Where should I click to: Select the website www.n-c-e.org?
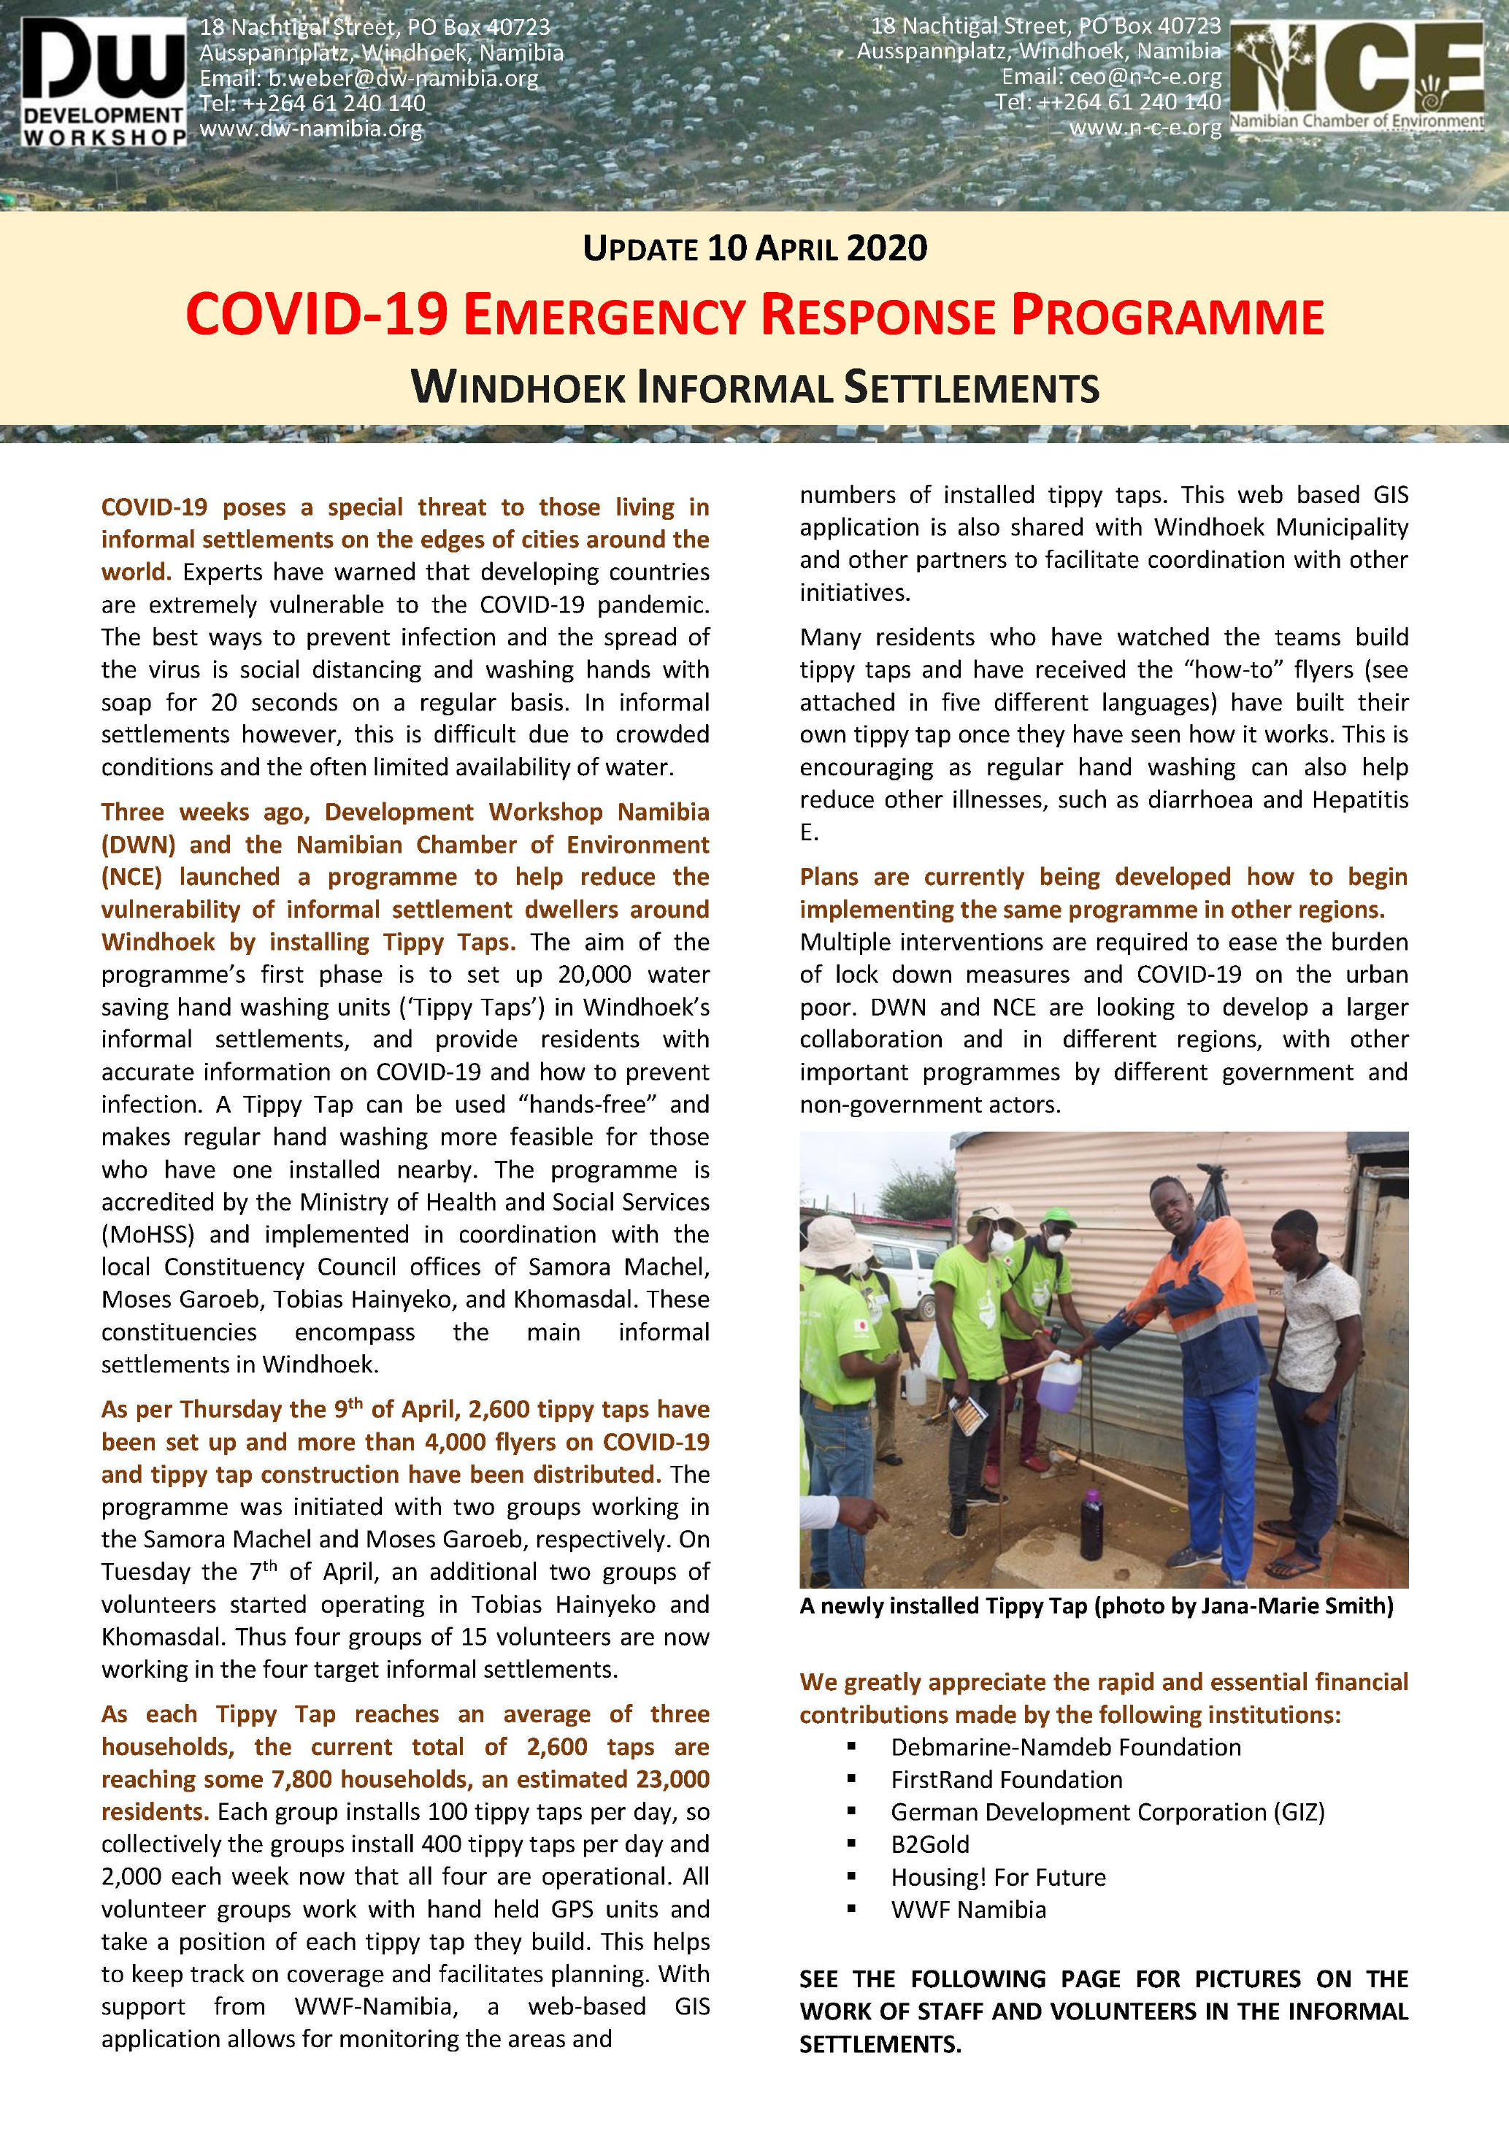[1145, 127]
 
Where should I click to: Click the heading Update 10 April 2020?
[755, 248]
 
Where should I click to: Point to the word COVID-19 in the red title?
[317, 315]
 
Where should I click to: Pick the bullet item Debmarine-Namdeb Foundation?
[1065, 1746]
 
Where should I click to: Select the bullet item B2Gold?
[929, 1844]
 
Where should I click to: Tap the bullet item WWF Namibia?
[967, 1909]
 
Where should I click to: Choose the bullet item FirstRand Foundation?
[1005, 1779]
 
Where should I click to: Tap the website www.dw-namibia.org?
[310, 128]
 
